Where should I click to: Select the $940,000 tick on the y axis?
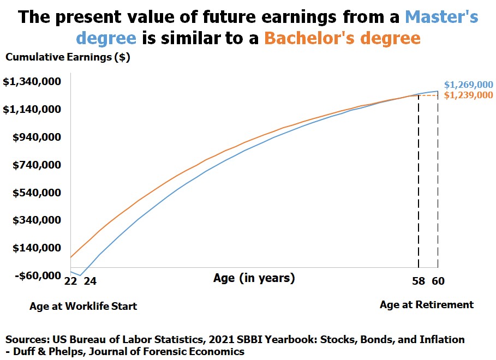[37, 137]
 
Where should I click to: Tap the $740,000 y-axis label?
[37, 165]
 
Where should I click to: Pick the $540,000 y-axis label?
[37, 193]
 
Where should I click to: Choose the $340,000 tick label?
[37, 220]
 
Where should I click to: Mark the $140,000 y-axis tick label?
[37, 248]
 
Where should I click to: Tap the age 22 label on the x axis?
[70, 281]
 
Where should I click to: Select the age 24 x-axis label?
[89, 281]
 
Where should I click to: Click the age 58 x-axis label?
[419, 281]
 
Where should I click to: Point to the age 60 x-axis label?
[438, 281]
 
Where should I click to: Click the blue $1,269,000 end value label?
[469, 85]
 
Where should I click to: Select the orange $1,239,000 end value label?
[469, 95]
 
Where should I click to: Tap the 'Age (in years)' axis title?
[254, 278]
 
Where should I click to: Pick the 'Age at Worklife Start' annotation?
[83, 306]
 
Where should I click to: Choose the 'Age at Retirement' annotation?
[427, 304]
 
